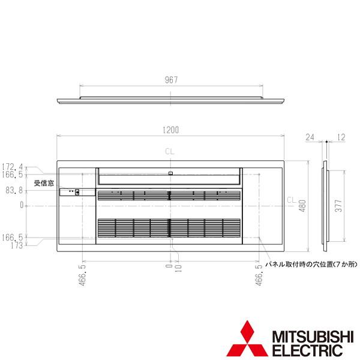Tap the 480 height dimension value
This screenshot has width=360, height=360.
point(303,205)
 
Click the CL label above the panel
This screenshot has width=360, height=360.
point(170,152)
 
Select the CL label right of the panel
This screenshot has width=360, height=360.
point(290,199)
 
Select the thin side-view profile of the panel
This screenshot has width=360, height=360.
point(325,205)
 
